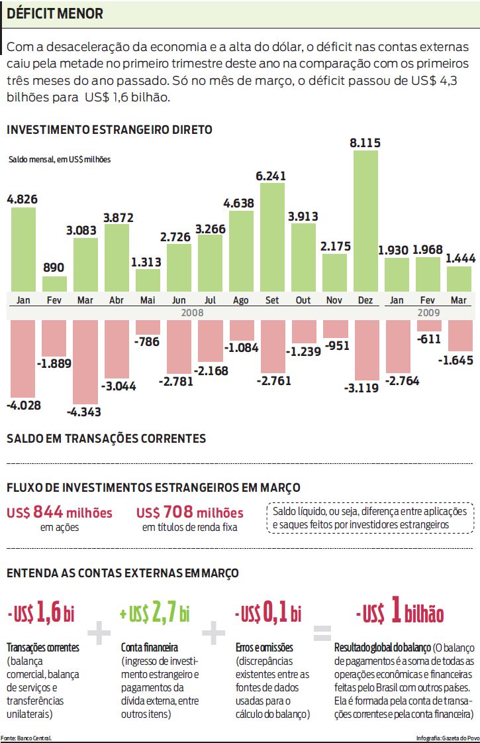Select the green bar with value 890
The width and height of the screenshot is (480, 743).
54,284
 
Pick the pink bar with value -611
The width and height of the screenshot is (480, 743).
428,325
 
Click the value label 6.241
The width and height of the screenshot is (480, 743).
272,176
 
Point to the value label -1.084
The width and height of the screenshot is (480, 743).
242,347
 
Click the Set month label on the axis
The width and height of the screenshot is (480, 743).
272,300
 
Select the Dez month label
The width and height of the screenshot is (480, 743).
365,300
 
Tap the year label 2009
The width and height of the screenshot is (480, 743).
428,312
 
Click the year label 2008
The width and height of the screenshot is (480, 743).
194,312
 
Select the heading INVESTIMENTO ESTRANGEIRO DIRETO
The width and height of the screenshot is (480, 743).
109,130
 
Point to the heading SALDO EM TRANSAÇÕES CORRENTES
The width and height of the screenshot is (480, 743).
106,439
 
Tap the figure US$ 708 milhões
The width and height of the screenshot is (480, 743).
189,513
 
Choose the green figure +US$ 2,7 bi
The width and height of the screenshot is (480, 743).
155,613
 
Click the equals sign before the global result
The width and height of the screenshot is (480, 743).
321,634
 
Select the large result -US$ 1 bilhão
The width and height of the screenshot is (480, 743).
399,613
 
